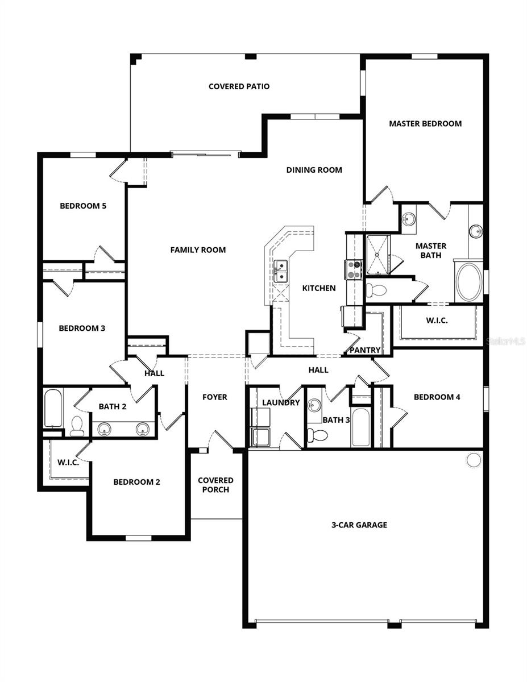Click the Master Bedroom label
coord(425,123)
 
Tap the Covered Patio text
coord(239,86)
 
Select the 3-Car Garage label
coord(359,525)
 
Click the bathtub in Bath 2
coord(53,407)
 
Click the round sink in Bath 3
coord(314,406)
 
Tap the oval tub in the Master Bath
coord(468,281)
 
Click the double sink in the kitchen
coord(280,271)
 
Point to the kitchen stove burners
coord(354,269)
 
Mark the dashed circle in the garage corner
coord(474,460)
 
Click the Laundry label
coord(281,402)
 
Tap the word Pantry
coord(364,350)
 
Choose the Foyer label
coord(215,397)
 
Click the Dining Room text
coord(314,169)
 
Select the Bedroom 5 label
coord(83,206)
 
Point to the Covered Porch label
coord(215,485)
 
